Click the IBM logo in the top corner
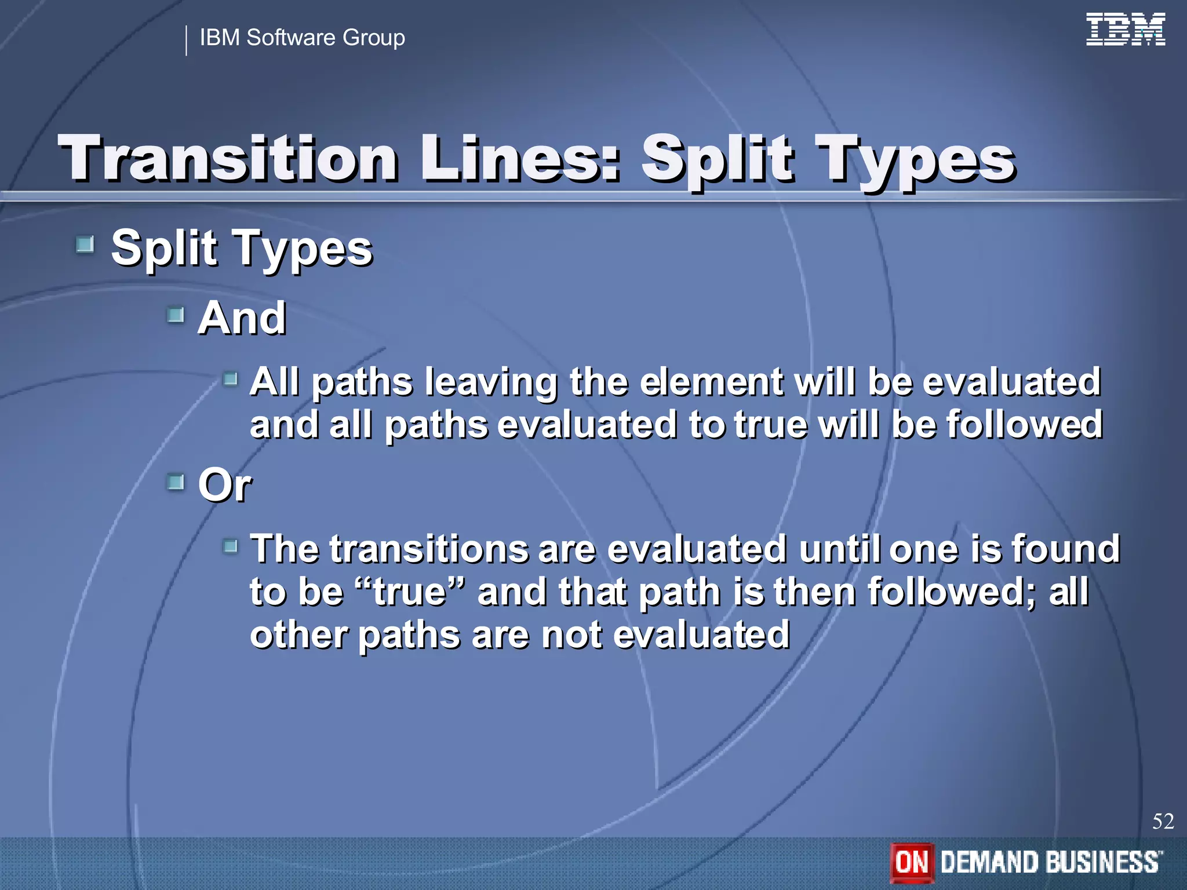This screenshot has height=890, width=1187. (1125, 30)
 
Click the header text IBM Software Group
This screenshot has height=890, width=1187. (302, 38)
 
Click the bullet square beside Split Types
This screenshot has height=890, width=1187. (85, 245)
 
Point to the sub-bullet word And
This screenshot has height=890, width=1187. (242, 318)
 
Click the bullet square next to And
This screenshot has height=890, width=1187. (175, 315)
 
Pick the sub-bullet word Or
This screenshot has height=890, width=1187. (224, 485)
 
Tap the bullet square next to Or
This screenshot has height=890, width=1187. (175, 482)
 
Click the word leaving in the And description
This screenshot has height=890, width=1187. (490, 382)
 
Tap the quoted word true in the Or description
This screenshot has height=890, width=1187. (410, 592)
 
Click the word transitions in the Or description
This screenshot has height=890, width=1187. (429, 549)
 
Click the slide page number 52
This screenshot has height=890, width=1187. (1163, 822)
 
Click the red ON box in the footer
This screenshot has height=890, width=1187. (912, 862)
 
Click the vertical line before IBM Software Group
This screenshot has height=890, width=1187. (186, 41)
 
